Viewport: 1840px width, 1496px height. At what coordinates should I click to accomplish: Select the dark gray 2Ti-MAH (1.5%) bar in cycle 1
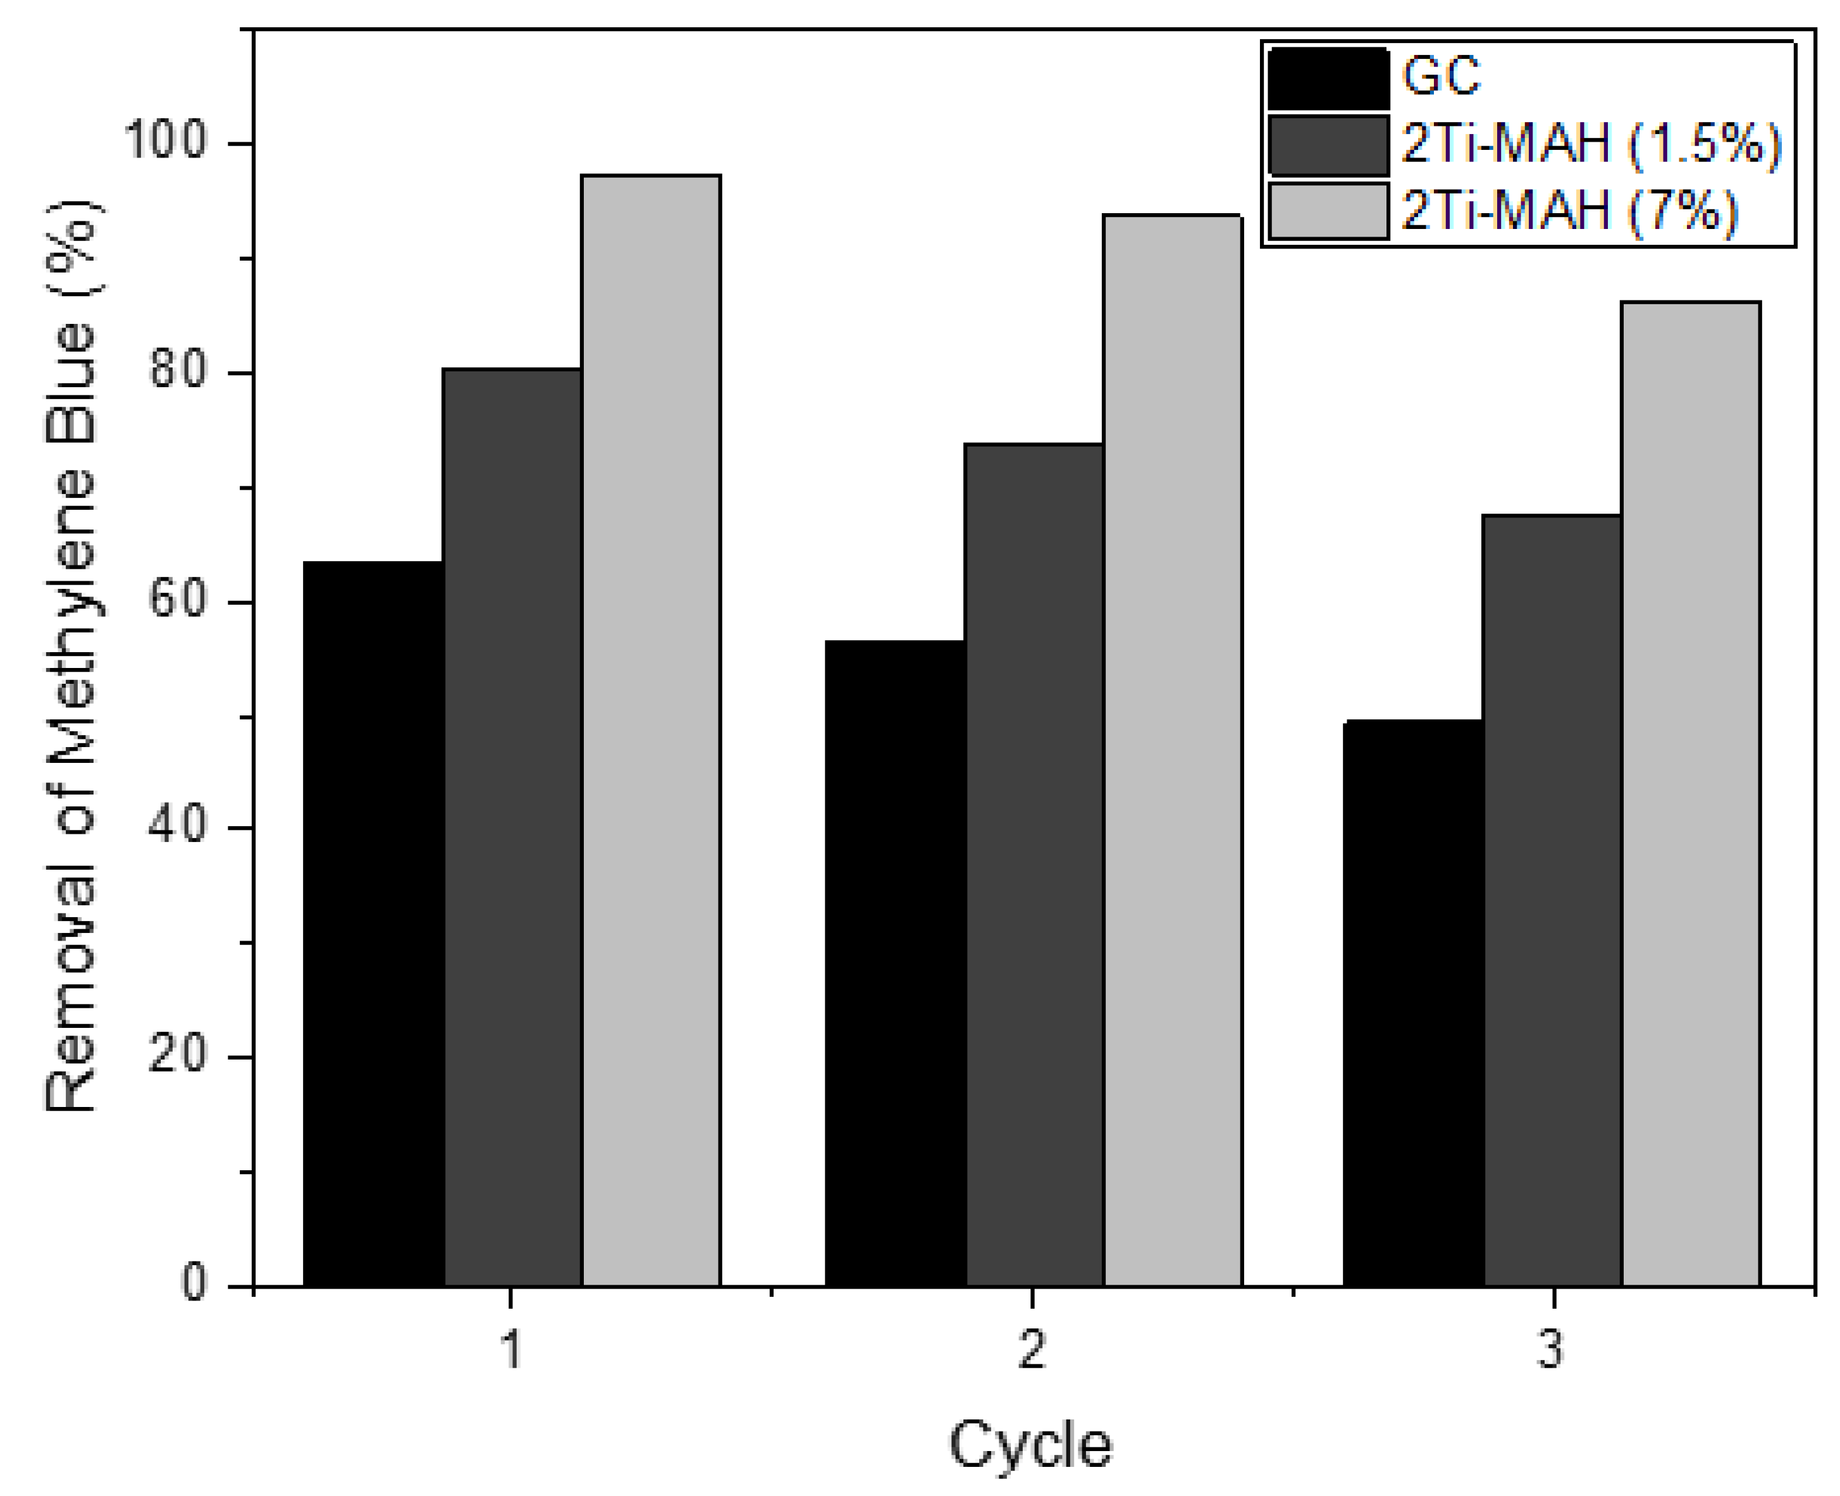coord(512,827)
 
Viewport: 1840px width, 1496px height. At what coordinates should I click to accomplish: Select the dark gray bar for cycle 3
coord(1552,901)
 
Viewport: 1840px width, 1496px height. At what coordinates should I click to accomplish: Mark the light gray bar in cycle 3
coord(1691,794)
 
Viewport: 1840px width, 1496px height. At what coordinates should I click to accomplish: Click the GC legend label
coord(1441,76)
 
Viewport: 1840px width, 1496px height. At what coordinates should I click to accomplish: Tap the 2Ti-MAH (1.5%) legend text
coord(1591,144)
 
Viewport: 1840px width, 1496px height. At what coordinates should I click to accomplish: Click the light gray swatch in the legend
coord(1328,212)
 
